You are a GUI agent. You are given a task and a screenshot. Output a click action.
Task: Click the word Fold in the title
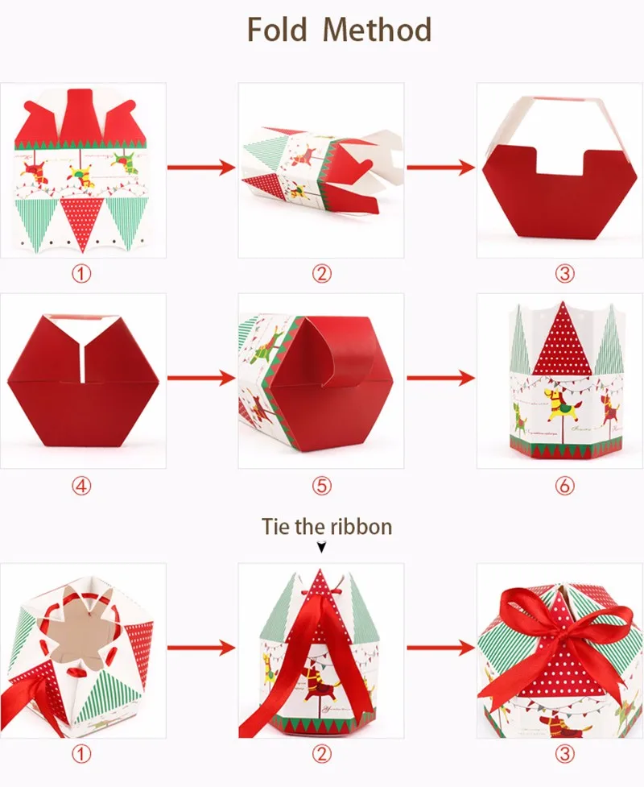point(277,29)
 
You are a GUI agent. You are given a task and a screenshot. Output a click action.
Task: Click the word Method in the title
point(378,29)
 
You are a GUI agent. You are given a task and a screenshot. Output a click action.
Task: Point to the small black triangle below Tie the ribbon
point(321,547)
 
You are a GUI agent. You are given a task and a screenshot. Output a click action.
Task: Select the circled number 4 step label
point(81,486)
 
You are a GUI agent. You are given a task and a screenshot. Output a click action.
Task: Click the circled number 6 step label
point(565,486)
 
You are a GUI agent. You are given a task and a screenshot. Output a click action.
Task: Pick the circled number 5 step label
point(321,486)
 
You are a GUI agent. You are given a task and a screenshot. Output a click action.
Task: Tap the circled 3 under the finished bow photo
point(565,753)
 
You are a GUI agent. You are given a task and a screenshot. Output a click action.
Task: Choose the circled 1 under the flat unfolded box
point(81,274)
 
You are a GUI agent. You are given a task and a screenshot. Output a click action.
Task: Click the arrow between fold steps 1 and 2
point(201,167)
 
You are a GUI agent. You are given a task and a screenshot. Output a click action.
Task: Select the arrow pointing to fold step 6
point(440,378)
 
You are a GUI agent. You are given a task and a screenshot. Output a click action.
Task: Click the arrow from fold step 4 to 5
point(201,378)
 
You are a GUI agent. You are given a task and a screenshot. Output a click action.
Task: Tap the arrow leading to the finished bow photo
point(440,648)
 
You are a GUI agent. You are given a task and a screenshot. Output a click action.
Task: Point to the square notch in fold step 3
point(559,161)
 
